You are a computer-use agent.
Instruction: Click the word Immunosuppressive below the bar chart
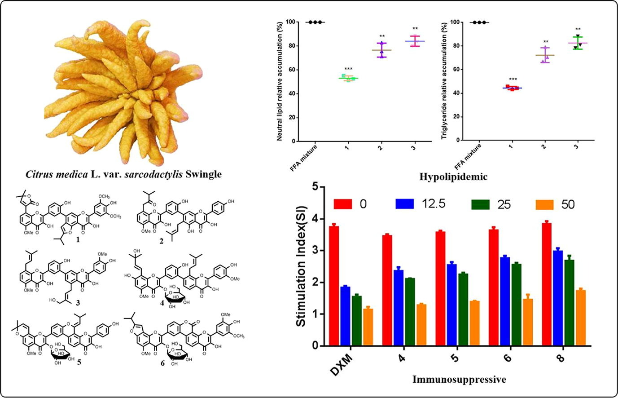pyautogui.click(x=459, y=380)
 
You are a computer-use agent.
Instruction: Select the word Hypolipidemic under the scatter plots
pyautogui.click(x=453, y=177)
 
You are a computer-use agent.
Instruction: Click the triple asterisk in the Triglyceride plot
pyautogui.click(x=513, y=80)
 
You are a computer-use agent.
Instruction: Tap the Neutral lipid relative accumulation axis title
pyautogui.click(x=280, y=81)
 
